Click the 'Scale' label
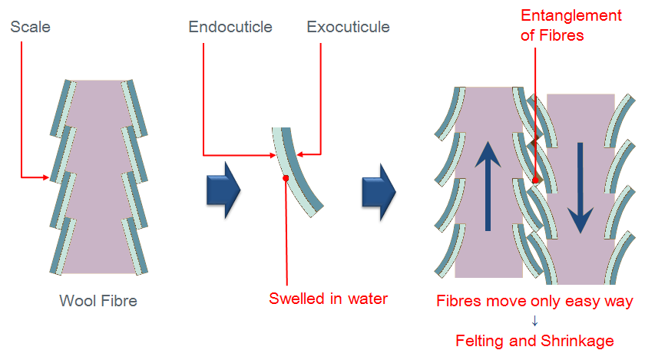click(30, 27)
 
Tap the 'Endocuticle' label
click(230, 27)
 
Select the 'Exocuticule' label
click(348, 27)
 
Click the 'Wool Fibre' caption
click(98, 301)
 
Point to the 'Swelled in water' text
click(329, 299)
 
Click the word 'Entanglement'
click(571, 16)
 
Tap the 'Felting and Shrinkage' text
click(534, 341)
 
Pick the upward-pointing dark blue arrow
click(488, 186)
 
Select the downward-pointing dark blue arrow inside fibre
click(580, 187)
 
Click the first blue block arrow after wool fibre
click(223, 190)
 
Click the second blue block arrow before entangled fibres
click(379, 192)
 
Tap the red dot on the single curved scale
click(286, 178)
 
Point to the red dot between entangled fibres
click(535, 180)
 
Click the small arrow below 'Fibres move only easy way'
click(534, 321)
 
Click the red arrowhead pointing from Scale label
click(45, 177)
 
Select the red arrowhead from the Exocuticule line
click(300, 155)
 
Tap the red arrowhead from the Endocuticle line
click(273, 155)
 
